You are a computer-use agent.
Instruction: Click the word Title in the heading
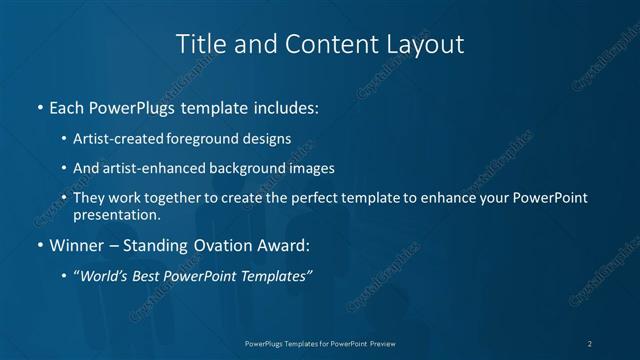point(198,44)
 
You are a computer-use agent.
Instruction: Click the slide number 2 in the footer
point(590,343)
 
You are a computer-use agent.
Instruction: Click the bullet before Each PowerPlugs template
point(38,106)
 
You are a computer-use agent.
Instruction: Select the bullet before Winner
point(38,245)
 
